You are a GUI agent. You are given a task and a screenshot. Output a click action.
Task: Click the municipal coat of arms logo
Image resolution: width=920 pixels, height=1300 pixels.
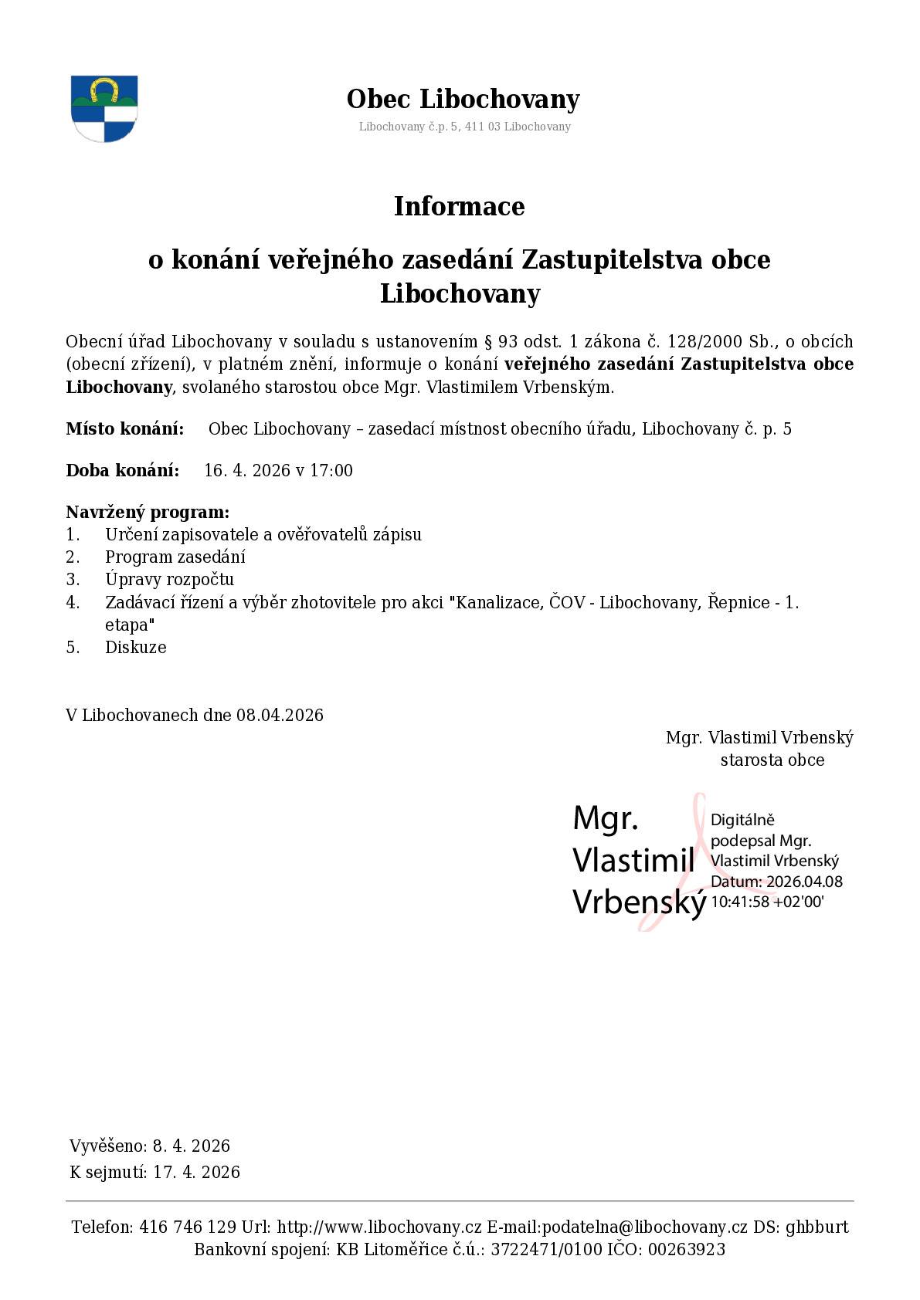point(104,109)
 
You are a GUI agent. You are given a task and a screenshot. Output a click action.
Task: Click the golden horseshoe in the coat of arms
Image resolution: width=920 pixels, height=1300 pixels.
point(104,89)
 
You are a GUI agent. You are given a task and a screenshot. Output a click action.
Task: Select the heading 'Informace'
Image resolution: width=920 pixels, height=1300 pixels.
point(459,206)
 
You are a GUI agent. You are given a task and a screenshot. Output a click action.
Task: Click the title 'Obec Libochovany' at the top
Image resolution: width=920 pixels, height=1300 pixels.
point(463,100)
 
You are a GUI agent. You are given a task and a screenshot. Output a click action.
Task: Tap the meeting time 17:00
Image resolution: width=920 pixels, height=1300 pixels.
point(331,471)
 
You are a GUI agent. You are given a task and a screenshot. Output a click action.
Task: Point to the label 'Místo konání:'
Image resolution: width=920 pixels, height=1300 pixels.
point(125,429)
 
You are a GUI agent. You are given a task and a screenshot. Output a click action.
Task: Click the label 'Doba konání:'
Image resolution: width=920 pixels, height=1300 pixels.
point(123,471)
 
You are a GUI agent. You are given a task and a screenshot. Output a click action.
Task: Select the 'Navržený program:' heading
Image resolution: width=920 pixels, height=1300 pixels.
point(148,513)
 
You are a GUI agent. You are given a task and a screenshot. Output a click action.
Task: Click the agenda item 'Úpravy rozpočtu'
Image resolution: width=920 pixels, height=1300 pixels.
point(169,580)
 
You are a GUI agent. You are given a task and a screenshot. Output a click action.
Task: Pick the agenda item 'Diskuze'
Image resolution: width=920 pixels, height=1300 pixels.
point(136,648)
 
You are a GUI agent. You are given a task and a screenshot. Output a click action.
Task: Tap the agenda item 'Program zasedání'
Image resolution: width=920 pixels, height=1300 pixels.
point(175,557)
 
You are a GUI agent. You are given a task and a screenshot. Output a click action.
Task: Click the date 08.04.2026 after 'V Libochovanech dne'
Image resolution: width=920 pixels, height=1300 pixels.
point(280,716)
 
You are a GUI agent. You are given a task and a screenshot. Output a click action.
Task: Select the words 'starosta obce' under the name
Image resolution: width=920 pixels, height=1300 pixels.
point(772,760)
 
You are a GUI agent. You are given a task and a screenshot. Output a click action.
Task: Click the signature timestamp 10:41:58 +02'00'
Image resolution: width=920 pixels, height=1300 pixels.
point(767,902)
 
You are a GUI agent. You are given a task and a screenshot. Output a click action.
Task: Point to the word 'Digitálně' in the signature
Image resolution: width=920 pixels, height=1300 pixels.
point(742,820)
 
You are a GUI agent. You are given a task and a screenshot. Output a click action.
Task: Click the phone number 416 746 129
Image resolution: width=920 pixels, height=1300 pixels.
point(188,1227)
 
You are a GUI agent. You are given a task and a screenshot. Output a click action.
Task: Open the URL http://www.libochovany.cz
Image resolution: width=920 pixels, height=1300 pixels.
point(379,1227)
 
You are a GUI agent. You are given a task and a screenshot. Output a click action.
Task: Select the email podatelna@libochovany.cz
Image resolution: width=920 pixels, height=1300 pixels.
point(617,1227)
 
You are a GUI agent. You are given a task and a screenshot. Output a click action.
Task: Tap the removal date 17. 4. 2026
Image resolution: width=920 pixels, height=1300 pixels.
point(196,1173)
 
